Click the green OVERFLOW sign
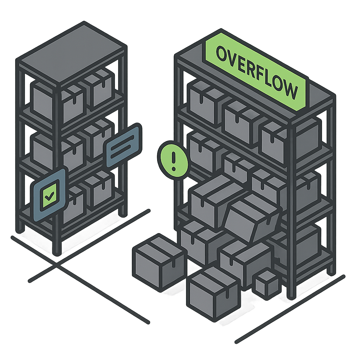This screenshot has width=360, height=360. [x=256, y=70]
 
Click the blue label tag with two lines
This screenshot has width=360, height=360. [x=123, y=145]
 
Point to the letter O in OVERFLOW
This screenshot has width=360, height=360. [x=221, y=54]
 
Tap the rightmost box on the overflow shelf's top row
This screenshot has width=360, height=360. [x=278, y=139]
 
